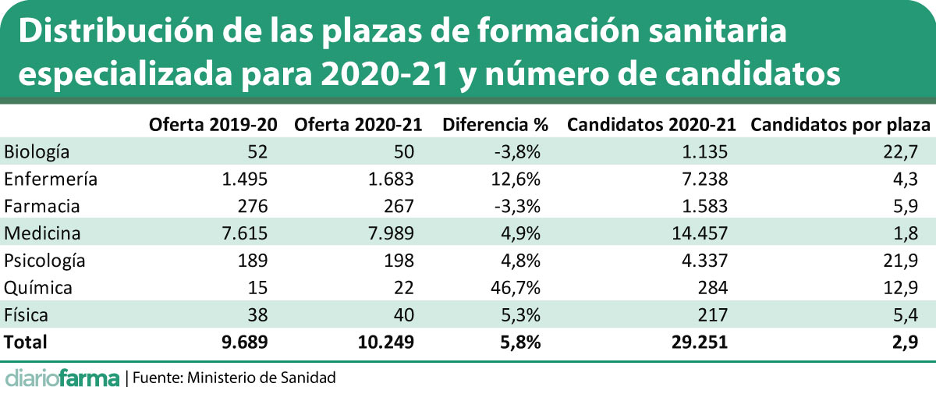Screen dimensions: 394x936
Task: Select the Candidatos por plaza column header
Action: tap(840, 125)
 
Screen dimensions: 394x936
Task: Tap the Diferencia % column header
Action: tap(495, 125)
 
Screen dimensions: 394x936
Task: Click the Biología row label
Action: tap(37, 151)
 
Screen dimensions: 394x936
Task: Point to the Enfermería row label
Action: tap(51, 179)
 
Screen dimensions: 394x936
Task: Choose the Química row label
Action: tap(38, 287)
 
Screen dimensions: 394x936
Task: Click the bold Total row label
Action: tap(26, 341)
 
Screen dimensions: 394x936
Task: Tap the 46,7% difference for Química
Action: tap(516, 287)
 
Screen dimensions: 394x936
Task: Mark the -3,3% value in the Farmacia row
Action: tap(517, 206)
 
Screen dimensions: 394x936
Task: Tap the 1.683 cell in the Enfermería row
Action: tap(388, 179)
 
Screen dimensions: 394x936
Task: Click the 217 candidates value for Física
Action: tap(713, 314)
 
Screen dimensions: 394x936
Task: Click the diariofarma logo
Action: tap(62, 378)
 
